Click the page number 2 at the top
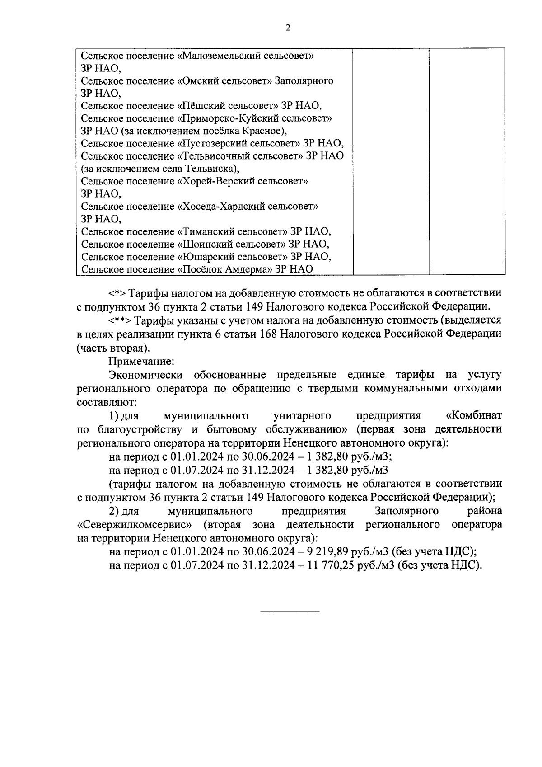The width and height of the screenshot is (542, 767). tap(288, 28)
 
